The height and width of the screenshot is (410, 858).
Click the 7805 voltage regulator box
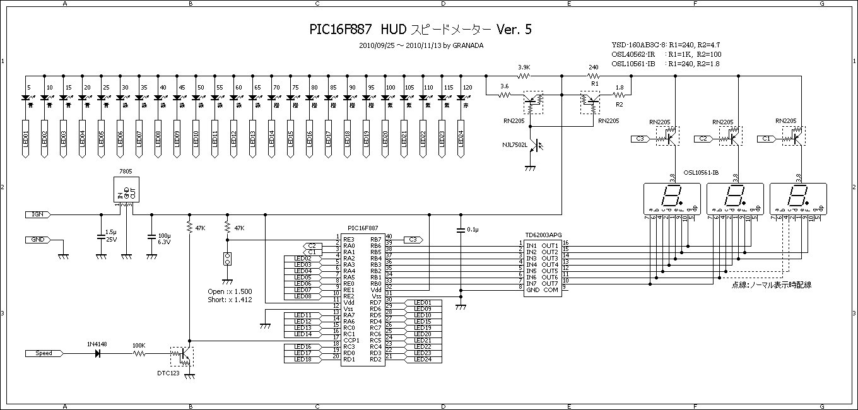coord(126,189)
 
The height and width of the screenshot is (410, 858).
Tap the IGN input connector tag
coord(37,214)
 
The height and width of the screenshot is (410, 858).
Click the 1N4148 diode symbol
coord(98,353)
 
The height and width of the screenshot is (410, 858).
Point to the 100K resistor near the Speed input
coord(139,354)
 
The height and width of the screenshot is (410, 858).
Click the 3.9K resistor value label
coord(523,67)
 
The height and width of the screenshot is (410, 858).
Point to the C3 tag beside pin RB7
coord(413,240)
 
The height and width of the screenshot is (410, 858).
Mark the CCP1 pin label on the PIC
coord(351,340)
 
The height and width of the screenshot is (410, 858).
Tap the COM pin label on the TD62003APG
coord(551,290)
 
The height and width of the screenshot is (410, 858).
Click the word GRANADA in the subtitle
coord(468,45)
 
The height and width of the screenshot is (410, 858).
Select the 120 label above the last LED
coord(467,87)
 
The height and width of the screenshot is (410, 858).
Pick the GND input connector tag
coord(38,240)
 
